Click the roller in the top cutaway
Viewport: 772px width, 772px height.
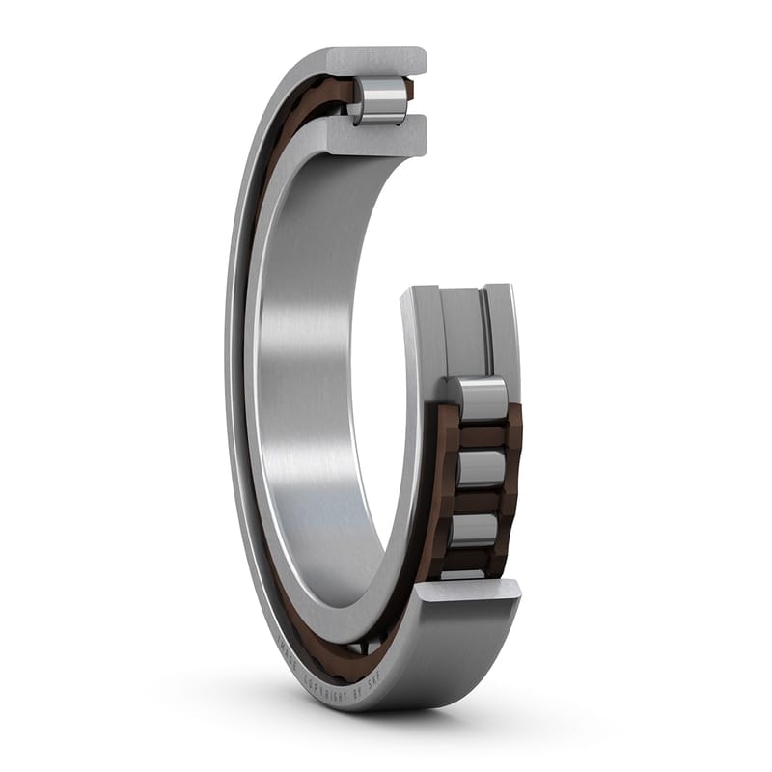pyautogui.click(x=383, y=100)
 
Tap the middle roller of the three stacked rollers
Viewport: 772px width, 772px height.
pyautogui.click(x=480, y=469)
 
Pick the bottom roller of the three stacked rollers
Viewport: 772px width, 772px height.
pyautogui.click(x=476, y=531)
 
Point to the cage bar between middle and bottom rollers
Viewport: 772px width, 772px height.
pyautogui.click(x=479, y=502)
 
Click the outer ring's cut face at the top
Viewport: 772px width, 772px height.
pyautogui.click(x=376, y=61)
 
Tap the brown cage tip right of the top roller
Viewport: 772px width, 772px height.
pyautogui.click(x=409, y=90)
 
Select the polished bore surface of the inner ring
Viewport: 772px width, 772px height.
pyautogui.click(x=309, y=386)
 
